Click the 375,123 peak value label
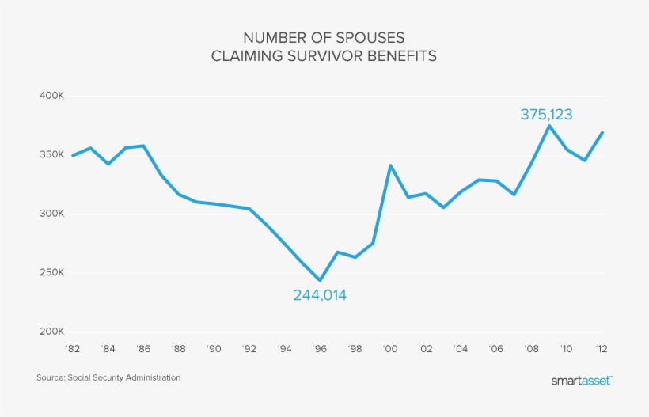click(546, 115)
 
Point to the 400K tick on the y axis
click(51, 96)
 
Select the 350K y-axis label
click(51, 155)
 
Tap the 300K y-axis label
click(51, 214)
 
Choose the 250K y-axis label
click(51, 274)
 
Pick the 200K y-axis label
click(51, 332)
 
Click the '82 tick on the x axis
click(73, 349)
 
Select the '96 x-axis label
click(320, 349)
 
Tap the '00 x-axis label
click(390, 349)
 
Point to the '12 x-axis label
click(602, 349)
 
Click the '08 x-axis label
click(532, 349)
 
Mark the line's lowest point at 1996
click(320, 280)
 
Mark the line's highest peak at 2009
click(549, 126)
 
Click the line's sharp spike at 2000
click(390, 165)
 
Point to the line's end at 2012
click(602, 132)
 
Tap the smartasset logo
click(581, 381)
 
